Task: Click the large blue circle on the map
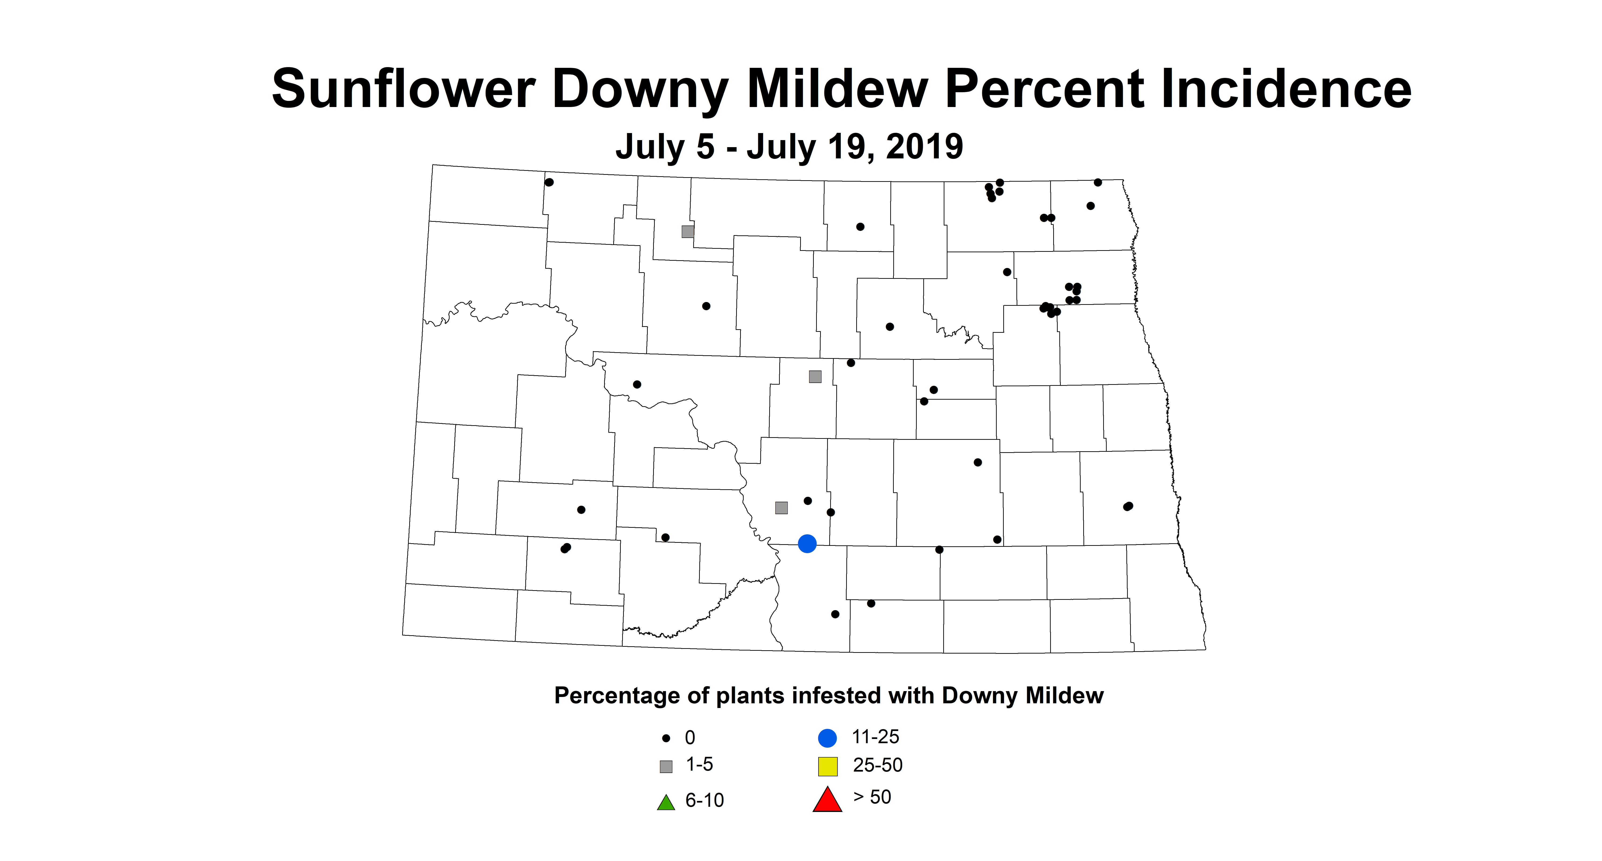807,544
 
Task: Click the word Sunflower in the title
403,89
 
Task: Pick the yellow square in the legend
828,766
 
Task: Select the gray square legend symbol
666,766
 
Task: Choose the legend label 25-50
878,765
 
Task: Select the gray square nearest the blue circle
782,508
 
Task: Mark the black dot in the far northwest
549,182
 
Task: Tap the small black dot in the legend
666,739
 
